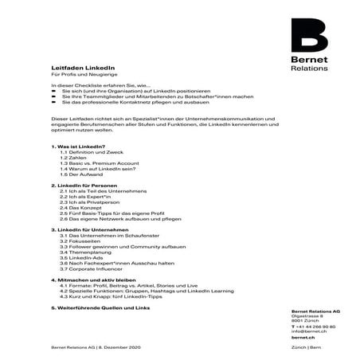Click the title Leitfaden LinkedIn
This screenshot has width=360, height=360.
pos(76,69)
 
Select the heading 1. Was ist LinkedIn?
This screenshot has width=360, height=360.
pos(77,147)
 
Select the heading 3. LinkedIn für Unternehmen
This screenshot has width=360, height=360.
pos(87,229)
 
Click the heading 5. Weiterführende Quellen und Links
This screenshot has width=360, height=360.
pos(100,307)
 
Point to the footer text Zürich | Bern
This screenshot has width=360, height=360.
pos(307,348)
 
